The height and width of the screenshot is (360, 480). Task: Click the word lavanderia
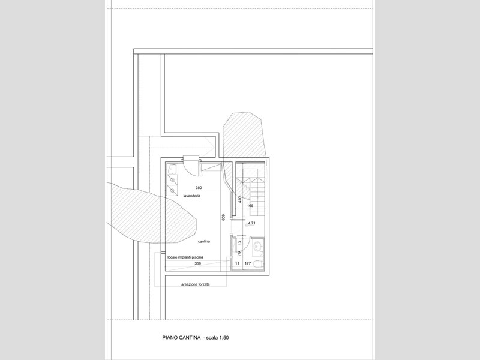pyautogui.click(x=192, y=196)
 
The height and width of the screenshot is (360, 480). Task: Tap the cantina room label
pyautogui.click(x=204, y=242)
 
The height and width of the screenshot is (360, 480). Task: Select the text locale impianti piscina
pyautogui.click(x=185, y=257)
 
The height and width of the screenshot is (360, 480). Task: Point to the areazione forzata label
pyautogui.click(x=196, y=284)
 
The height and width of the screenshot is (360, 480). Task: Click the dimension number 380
pyautogui.click(x=199, y=188)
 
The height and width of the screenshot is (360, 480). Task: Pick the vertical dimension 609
pyautogui.click(x=223, y=217)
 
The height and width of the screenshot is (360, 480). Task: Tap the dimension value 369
pyautogui.click(x=198, y=263)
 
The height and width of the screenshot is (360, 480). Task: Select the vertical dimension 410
pyautogui.click(x=240, y=199)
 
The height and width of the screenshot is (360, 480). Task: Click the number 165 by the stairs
pyautogui.click(x=250, y=206)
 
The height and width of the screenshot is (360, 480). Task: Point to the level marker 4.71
pyautogui.click(x=251, y=223)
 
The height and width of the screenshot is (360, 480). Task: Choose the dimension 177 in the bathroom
pyautogui.click(x=248, y=263)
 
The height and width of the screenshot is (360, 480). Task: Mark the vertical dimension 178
pyautogui.click(x=240, y=253)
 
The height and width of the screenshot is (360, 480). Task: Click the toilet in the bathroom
pyautogui.click(x=259, y=263)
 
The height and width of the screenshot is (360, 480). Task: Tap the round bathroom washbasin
pyautogui.click(x=258, y=245)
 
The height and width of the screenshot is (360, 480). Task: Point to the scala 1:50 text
pyautogui.click(x=217, y=338)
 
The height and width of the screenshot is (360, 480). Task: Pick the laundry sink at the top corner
pyautogui.click(x=173, y=169)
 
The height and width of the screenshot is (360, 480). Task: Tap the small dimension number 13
pyautogui.click(x=240, y=242)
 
